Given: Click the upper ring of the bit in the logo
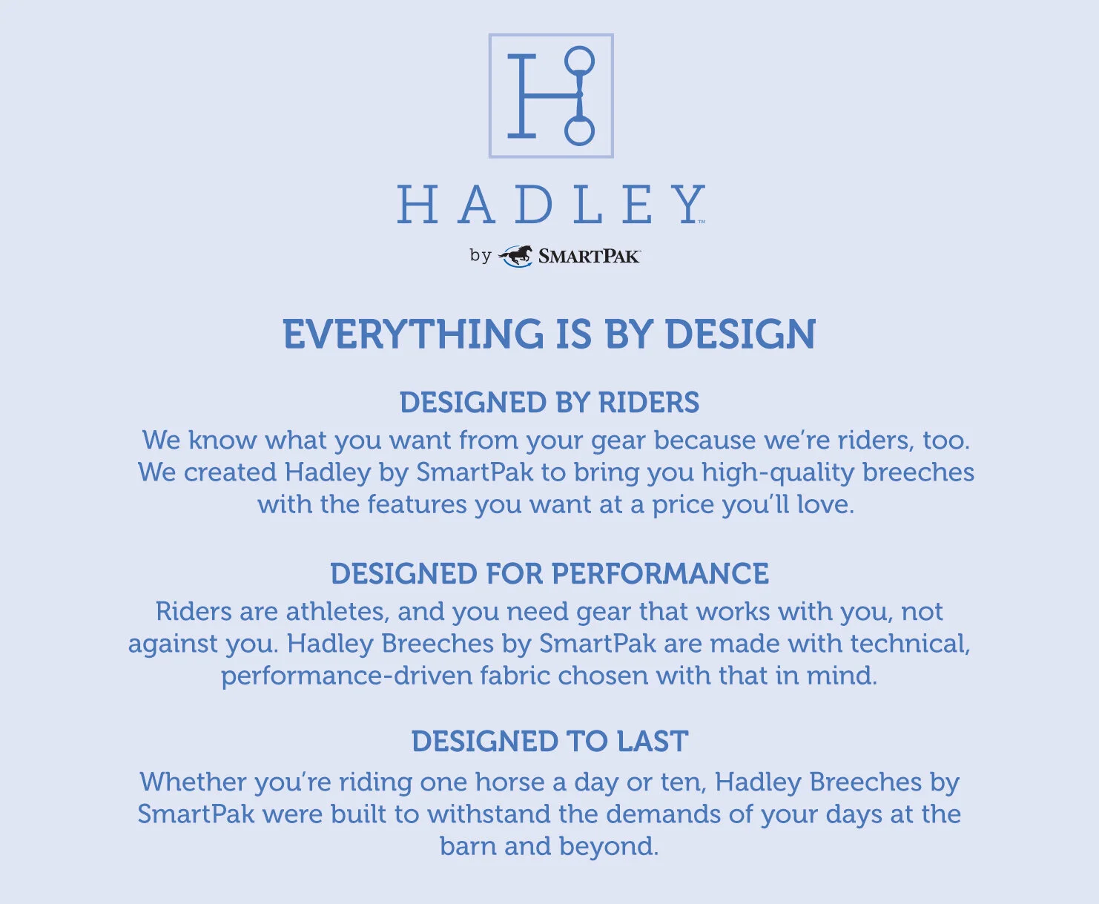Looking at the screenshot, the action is click(579, 48).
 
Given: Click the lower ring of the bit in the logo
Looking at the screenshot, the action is click(579, 144).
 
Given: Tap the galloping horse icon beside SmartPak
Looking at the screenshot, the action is click(515, 256).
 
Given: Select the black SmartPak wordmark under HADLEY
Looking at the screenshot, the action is click(589, 257).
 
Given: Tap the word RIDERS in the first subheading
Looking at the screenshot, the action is click(649, 402).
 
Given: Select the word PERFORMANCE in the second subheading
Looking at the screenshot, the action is click(660, 574).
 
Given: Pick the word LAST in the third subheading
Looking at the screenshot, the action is click(653, 741).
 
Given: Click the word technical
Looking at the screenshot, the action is click(910, 644).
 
